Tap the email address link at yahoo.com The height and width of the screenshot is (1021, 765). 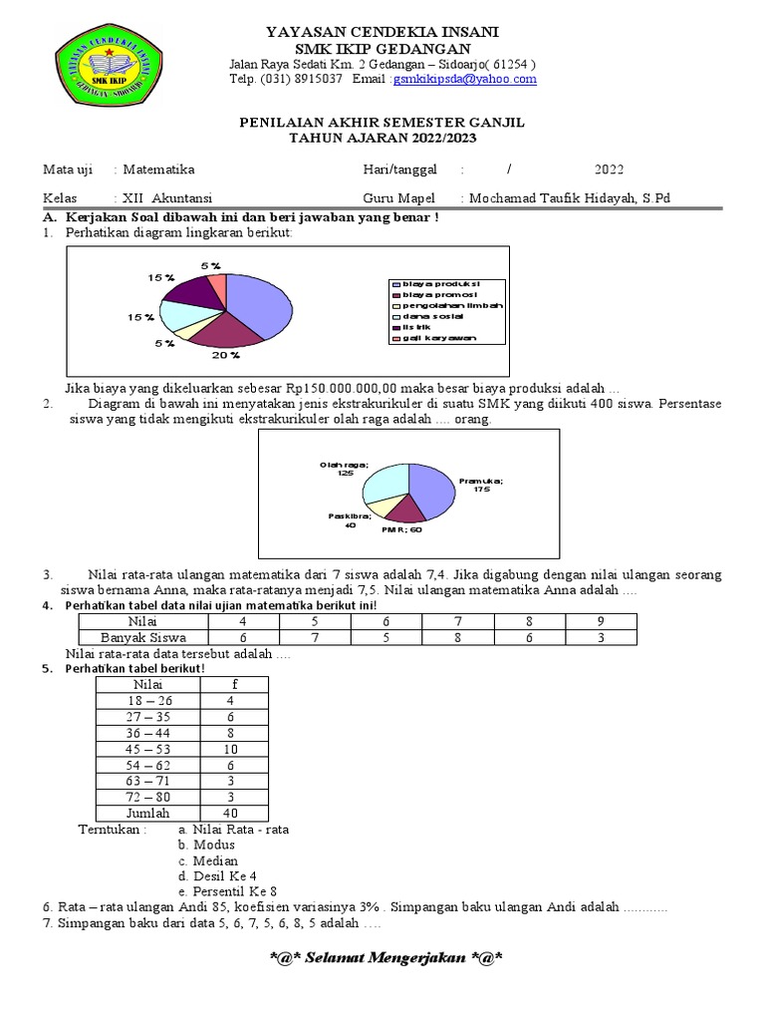coord(464,79)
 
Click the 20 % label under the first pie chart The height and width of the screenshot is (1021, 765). coord(226,354)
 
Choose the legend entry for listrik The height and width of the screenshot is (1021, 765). coord(418,327)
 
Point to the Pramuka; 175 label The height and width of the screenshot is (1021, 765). coord(481,485)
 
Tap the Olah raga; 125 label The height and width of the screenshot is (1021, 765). coord(344,469)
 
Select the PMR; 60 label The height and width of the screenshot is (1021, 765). coord(401,530)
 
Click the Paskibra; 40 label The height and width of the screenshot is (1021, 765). coord(349,519)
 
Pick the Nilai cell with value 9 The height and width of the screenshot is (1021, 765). coord(600,621)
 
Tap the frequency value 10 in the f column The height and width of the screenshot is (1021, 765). coord(230,749)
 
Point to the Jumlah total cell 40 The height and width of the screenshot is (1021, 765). coord(230,813)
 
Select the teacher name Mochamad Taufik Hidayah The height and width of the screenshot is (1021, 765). coord(569,198)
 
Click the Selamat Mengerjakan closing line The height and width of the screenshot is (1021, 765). coord(384,959)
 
